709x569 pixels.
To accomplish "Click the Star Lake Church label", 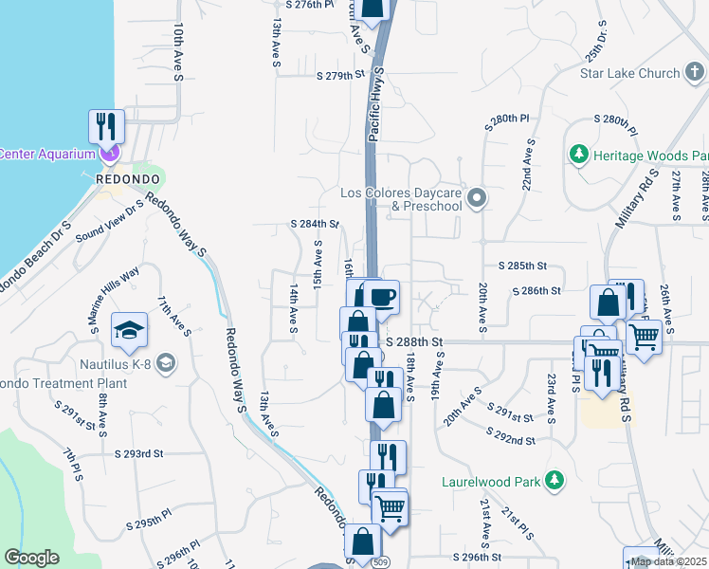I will [630, 73].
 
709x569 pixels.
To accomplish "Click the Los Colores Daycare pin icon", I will [477, 199].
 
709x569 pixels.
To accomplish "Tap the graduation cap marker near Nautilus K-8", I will [129, 328].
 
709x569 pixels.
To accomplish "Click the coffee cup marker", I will [382, 297].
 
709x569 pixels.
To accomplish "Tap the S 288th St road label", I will [414, 340].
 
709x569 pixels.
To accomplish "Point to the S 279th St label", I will [341, 75].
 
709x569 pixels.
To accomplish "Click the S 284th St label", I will [315, 225].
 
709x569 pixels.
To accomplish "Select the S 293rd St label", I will [139, 453].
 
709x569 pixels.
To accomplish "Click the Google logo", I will [31, 558].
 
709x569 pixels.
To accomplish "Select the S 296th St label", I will [476, 558].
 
